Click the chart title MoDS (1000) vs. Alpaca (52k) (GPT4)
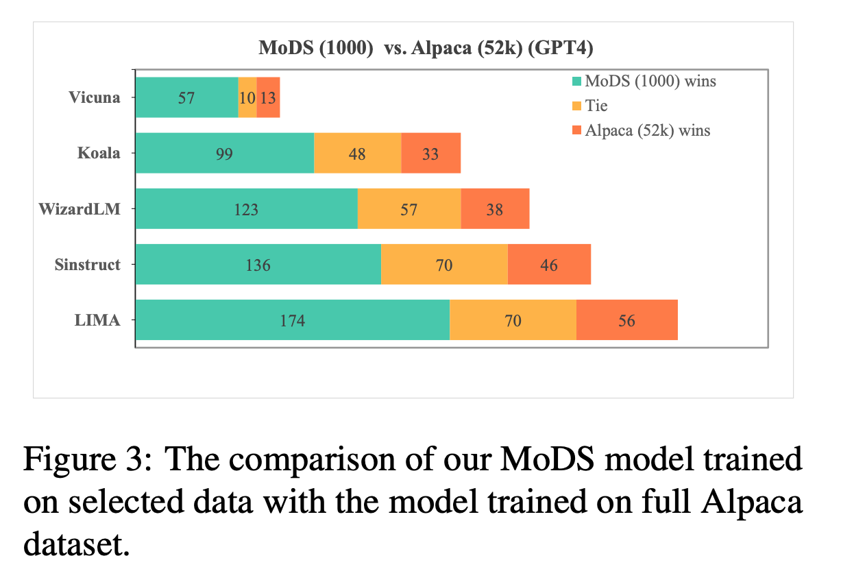click(426, 48)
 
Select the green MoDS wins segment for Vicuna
click(187, 97)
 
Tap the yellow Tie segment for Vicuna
click(247, 97)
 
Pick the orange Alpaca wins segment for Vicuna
click(269, 97)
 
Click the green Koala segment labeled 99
click(225, 153)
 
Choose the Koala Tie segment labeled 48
click(358, 153)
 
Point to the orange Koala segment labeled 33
click(431, 153)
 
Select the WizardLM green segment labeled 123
click(247, 208)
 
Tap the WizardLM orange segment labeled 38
click(495, 208)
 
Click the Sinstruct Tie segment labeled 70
click(444, 264)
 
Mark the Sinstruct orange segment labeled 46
click(549, 264)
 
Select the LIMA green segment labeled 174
click(293, 319)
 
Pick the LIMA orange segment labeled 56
click(627, 319)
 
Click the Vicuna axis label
click(95, 97)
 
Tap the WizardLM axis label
click(80, 209)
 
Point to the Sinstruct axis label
click(88, 265)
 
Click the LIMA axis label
click(97, 320)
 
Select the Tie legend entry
click(590, 106)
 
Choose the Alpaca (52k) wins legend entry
click(641, 130)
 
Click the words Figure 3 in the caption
click(88, 459)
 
